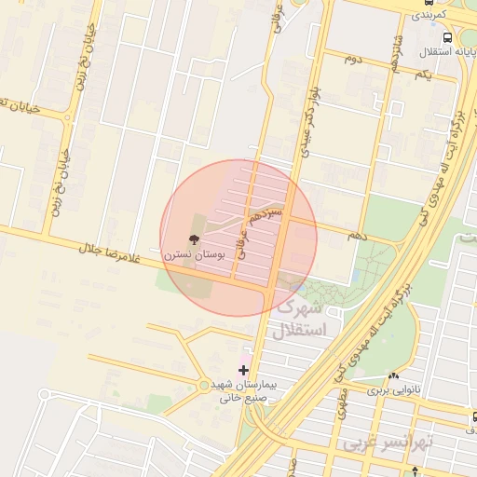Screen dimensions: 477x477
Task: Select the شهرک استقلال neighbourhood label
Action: [x=300, y=319]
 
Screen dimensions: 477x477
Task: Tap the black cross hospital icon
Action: [x=243, y=370]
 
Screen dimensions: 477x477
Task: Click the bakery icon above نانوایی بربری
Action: [x=393, y=377]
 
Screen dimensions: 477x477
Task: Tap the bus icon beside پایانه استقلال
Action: [x=448, y=38]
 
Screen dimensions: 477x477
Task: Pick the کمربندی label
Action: [x=429, y=16]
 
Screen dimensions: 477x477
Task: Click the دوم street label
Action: [x=351, y=59]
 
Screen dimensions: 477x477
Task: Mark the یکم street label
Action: [x=422, y=74]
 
